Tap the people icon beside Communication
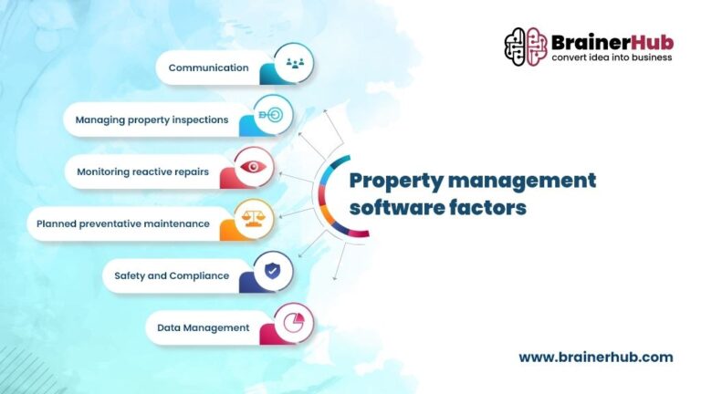(x=294, y=64)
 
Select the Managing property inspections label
(x=152, y=119)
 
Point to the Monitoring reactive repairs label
(x=142, y=171)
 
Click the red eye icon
(x=253, y=168)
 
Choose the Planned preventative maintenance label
(x=123, y=223)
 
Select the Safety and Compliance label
(x=172, y=275)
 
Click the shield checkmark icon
(x=272, y=271)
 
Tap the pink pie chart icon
(x=293, y=323)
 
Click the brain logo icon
(x=525, y=47)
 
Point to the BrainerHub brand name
(x=612, y=41)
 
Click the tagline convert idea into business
(x=612, y=57)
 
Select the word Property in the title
(x=392, y=181)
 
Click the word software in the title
(x=392, y=207)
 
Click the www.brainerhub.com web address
(x=595, y=358)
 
